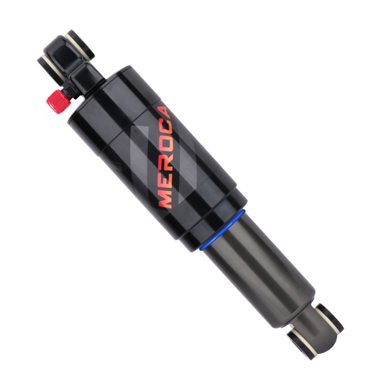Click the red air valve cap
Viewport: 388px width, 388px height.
tap(57, 102)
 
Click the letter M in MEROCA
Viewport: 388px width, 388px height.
tap(166, 198)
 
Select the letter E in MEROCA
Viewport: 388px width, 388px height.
tap(166, 181)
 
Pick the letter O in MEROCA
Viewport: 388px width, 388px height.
tap(167, 144)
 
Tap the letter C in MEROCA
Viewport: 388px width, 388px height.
tap(166, 128)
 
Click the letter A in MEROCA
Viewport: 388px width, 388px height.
tap(165, 113)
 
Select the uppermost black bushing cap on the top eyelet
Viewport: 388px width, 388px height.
tap(80, 45)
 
